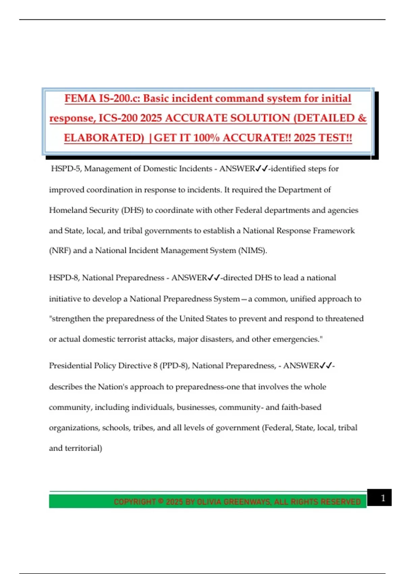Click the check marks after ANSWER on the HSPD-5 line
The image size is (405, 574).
262,168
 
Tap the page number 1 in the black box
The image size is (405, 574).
383,498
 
